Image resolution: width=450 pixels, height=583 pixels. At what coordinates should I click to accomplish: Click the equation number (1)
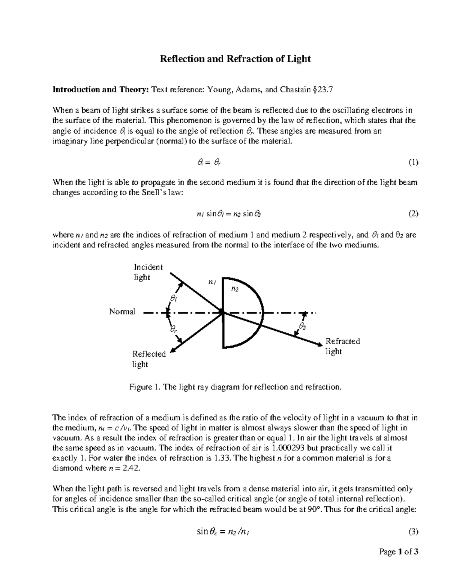pyautogui.click(x=413, y=162)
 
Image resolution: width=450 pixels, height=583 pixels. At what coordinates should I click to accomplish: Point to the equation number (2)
pyautogui.click(x=413, y=214)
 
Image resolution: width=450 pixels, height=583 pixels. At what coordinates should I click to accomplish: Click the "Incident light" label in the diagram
pyautogui.click(x=148, y=272)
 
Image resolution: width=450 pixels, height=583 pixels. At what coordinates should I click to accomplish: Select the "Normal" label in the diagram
pyautogui.click(x=122, y=312)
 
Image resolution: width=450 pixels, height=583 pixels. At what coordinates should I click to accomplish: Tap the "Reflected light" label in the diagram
pyautogui.click(x=148, y=359)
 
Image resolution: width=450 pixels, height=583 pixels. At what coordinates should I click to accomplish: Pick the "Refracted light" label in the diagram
pyautogui.click(x=342, y=346)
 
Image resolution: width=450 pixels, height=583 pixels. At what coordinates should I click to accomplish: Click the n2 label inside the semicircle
pyautogui.click(x=234, y=289)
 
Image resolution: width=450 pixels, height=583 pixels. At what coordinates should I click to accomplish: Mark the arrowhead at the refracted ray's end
pyautogui.click(x=319, y=343)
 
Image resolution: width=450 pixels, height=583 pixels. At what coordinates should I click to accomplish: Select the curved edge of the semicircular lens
pyautogui.click(x=263, y=312)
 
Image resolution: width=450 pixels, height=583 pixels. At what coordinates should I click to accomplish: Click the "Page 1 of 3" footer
pyautogui.click(x=398, y=551)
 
